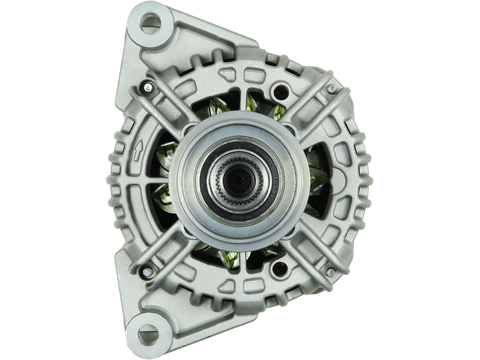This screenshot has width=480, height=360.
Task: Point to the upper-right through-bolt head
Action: (331, 88)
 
